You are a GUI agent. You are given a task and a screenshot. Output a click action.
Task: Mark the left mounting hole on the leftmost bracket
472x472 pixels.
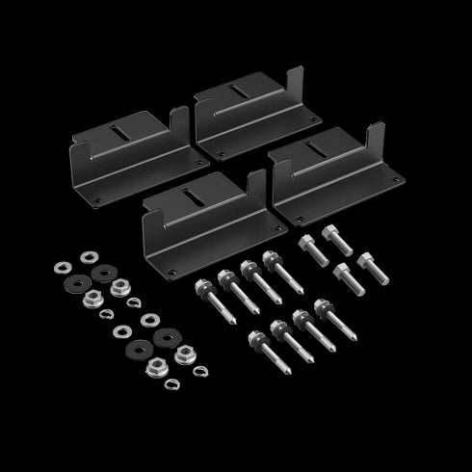point(96,200)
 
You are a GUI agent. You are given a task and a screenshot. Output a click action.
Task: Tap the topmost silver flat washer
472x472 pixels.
point(90,257)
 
